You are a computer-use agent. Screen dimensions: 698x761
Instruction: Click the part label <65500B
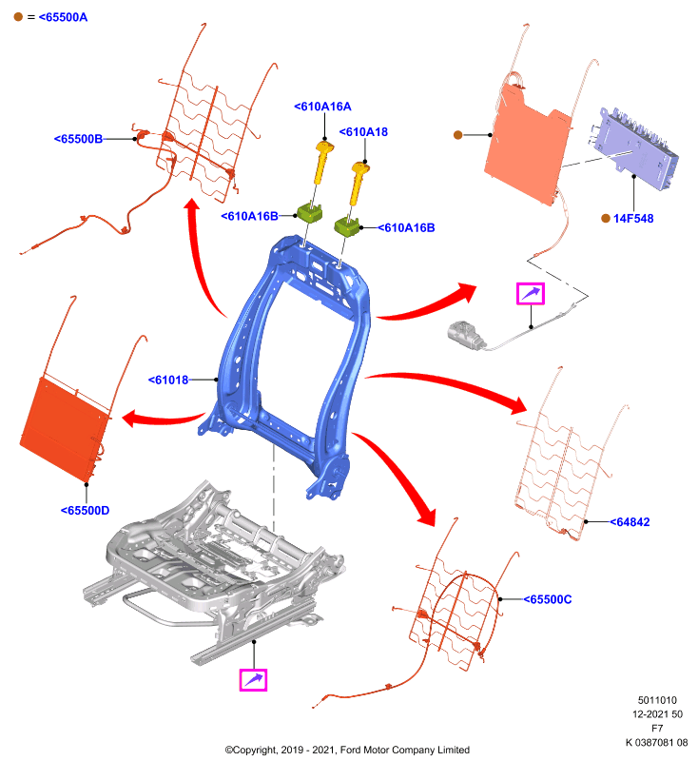pos(78,139)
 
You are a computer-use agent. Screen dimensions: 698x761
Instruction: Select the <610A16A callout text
pos(322,107)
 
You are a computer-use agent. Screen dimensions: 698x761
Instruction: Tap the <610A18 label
pos(363,131)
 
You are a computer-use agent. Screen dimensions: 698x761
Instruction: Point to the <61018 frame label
pos(167,380)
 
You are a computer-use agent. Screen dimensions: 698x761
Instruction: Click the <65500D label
pos(85,510)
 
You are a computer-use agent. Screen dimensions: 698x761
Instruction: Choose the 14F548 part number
pos(633,219)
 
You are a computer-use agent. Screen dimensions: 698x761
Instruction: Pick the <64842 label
pos(630,521)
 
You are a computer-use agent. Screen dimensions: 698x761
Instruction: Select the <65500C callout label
pos(547,599)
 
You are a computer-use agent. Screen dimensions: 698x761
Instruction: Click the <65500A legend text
pos(63,17)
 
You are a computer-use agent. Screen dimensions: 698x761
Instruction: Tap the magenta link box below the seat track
pos(253,679)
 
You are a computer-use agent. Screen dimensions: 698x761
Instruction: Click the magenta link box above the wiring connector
pos(531,294)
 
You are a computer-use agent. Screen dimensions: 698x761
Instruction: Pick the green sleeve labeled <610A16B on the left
pos(310,213)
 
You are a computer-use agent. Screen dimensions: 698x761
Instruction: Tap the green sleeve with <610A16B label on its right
pos(347,227)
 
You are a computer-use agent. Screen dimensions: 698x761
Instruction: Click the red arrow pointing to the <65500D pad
pos(162,418)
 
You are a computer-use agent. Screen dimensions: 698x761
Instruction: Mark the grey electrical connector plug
pos(466,335)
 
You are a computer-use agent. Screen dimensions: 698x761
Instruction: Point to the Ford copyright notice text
pos(347,750)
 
